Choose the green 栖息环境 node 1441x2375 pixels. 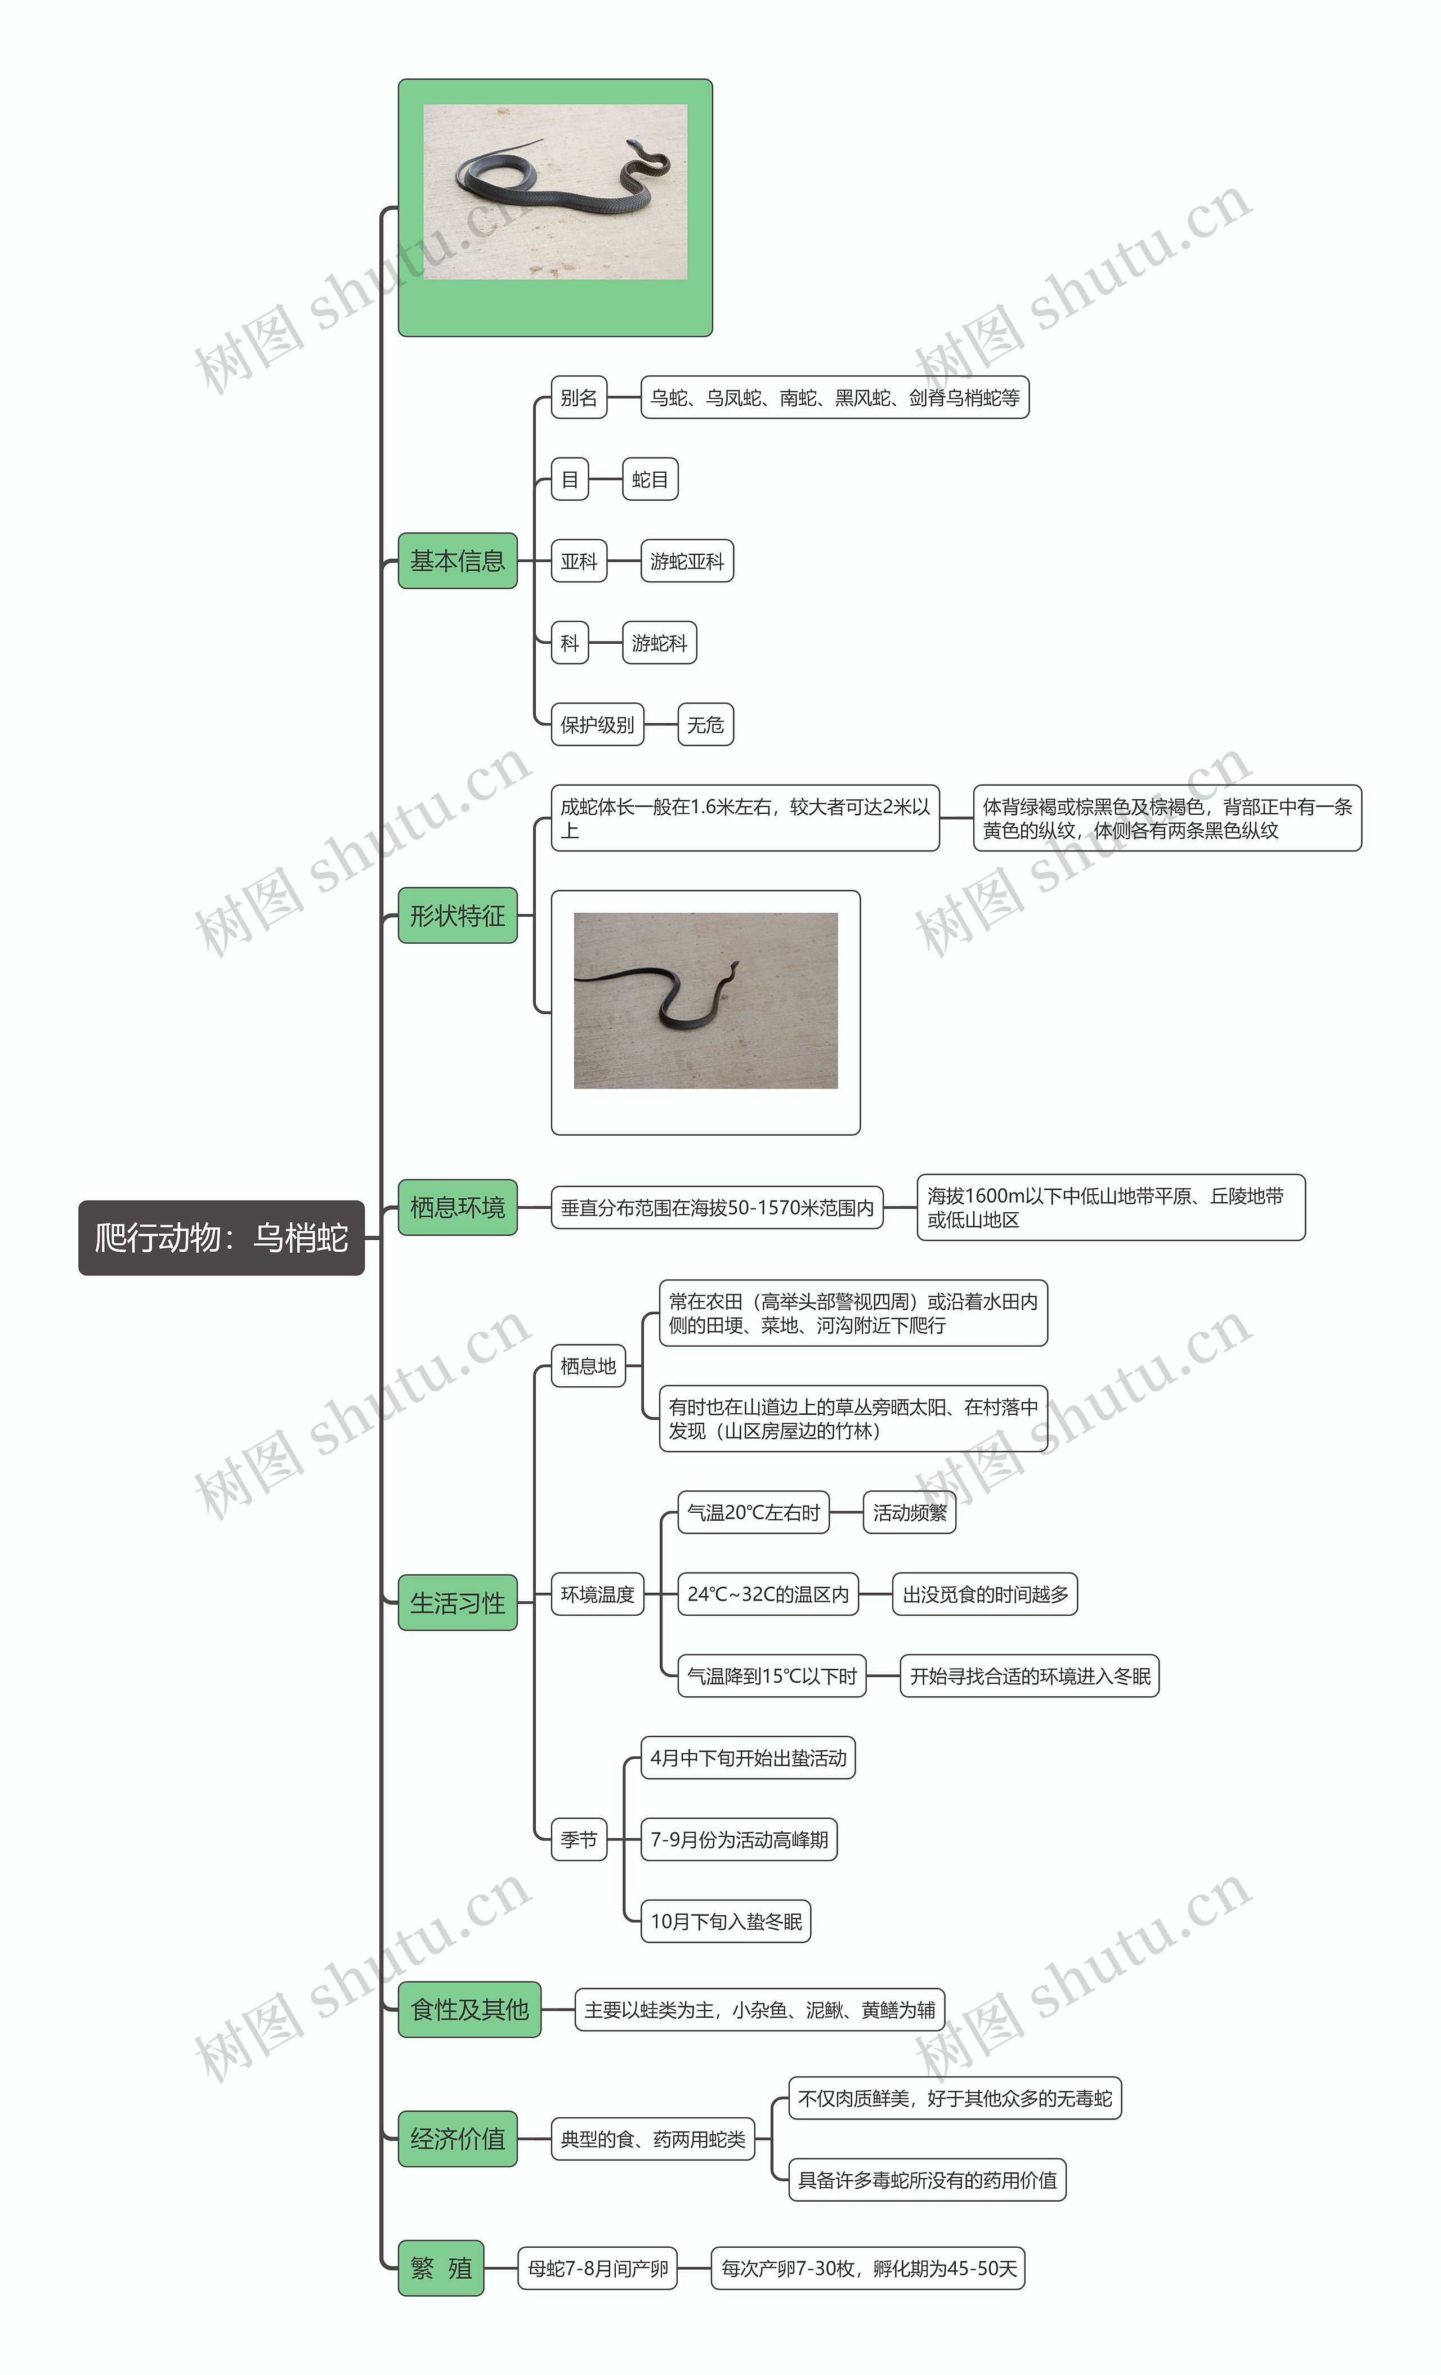(x=457, y=1207)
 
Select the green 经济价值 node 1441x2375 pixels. (x=457, y=2138)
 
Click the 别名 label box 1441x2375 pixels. (x=578, y=397)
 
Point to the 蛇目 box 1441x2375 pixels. (x=650, y=479)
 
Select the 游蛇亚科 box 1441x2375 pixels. (x=686, y=561)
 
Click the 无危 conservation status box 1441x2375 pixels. (x=705, y=724)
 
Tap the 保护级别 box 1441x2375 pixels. (x=597, y=724)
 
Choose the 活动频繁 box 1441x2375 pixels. (x=909, y=1512)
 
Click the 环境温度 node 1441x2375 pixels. (x=597, y=1594)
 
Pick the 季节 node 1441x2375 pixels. (x=578, y=1839)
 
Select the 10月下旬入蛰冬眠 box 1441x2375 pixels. (x=726, y=1921)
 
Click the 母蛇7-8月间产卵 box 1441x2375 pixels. (x=598, y=2268)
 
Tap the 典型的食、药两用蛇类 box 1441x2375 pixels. (x=652, y=2139)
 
